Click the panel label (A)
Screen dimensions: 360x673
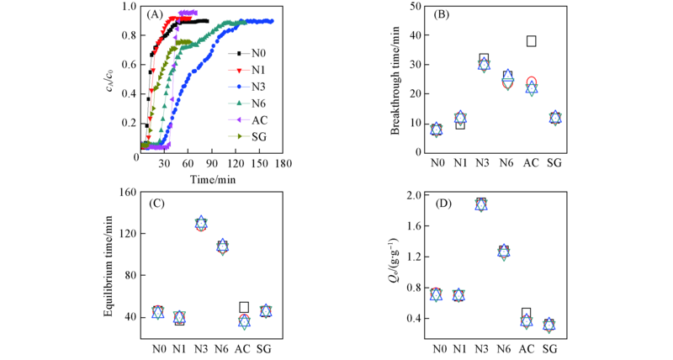156,14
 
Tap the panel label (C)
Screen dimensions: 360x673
155,203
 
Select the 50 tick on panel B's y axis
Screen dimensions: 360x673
415,6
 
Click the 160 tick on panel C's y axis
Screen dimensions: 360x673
125,192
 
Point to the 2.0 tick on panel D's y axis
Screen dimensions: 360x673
413,196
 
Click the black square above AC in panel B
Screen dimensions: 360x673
531,40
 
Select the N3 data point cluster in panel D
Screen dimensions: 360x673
481,204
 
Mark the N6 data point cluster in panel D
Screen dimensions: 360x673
504,251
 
